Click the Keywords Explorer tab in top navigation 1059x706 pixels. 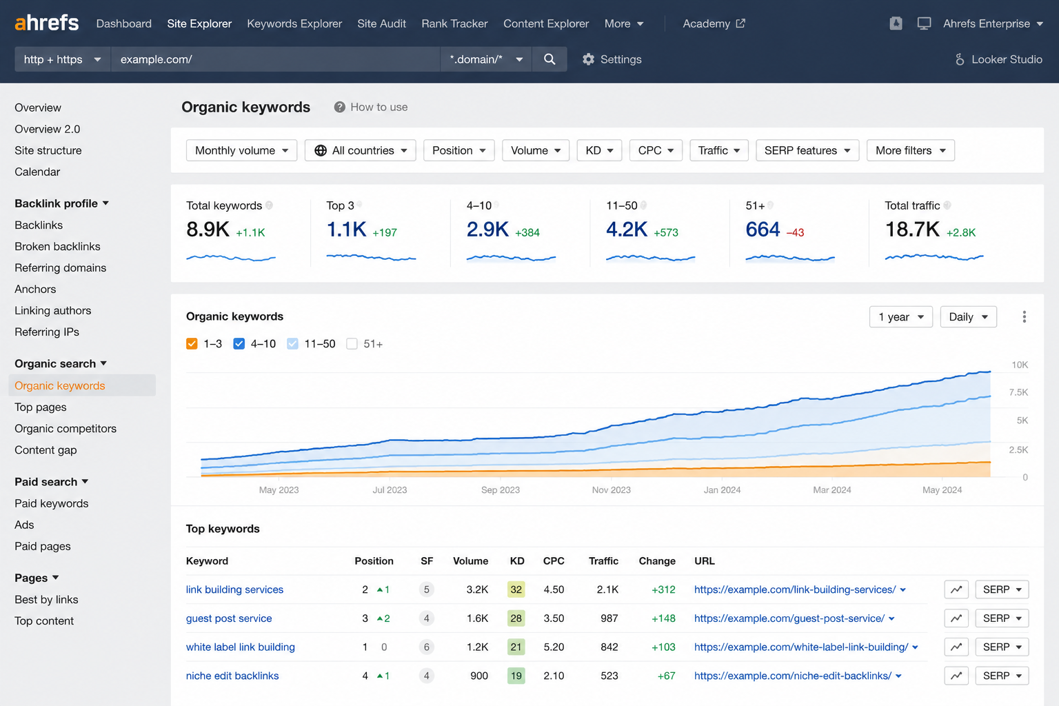click(294, 23)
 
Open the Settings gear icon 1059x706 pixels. click(588, 59)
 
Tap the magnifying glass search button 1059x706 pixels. click(549, 59)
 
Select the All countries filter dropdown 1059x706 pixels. click(361, 150)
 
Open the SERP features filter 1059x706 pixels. click(807, 150)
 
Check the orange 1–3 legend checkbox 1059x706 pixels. click(192, 344)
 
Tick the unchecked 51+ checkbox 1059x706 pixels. click(352, 344)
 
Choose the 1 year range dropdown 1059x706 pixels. click(900, 317)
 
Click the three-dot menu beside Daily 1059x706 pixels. click(1024, 317)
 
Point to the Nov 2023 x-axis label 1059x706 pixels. click(612, 490)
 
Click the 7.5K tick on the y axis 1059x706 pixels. click(1018, 392)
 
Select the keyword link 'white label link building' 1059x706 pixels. click(240, 647)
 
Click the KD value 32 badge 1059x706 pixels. click(516, 589)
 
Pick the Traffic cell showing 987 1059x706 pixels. click(609, 618)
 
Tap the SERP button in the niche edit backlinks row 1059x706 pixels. click(1002, 676)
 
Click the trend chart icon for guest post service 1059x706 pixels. click(956, 618)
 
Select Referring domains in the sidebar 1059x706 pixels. click(61, 268)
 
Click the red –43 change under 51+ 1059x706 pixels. click(795, 232)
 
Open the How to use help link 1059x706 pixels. click(371, 107)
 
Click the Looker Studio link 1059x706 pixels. click(998, 59)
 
